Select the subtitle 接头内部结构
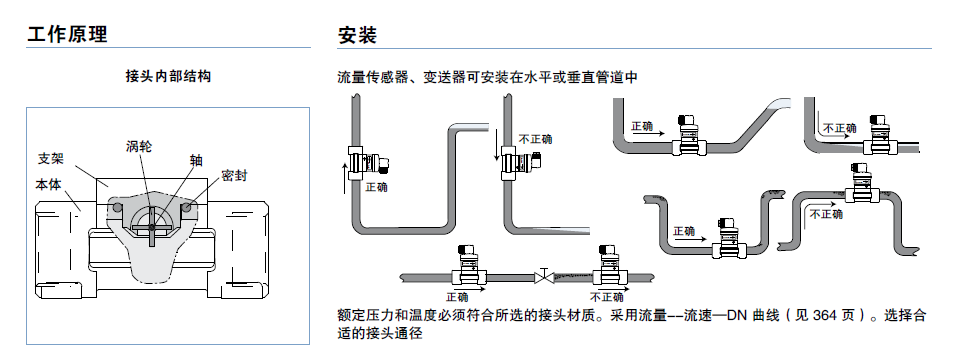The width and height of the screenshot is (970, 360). pos(168,77)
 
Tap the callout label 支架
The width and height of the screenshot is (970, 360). pos(51,159)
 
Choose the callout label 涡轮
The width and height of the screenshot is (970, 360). pos(139,146)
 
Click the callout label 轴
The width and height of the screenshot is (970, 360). pos(195,160)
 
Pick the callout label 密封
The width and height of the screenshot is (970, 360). pos(234,176)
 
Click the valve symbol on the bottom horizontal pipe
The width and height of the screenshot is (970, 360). pos(544,274)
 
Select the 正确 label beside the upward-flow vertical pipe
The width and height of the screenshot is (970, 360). pos(377,187)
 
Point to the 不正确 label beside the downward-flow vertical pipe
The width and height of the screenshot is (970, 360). pos(535,139)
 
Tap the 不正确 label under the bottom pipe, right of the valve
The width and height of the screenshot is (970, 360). pos(607,297)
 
